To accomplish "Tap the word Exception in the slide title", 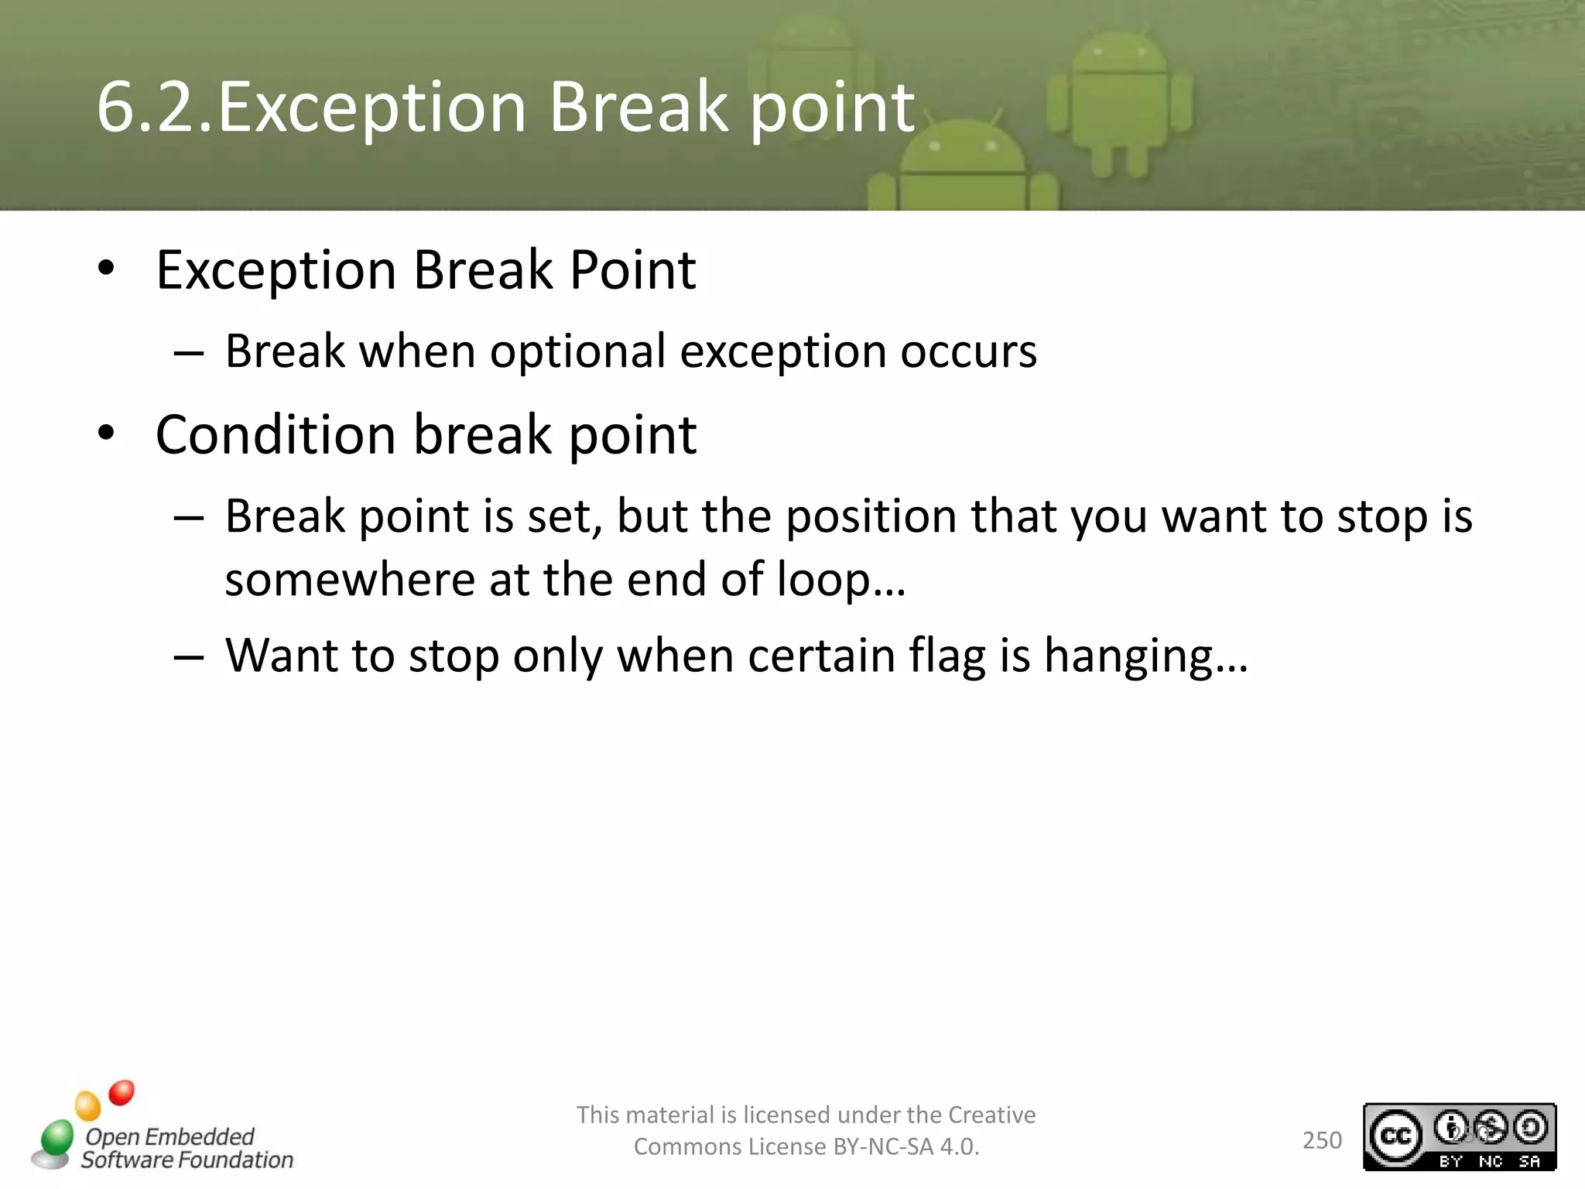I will point(371,108).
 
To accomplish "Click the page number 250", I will point(1322,1140).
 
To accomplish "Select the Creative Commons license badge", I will point(1459,1136).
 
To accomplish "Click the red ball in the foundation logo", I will point(122,1093).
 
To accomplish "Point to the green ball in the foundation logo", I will point(56,1139).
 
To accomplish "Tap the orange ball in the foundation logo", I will point(87,1105).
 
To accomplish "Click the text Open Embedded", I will point(169,1136).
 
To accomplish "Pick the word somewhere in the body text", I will point(348,580).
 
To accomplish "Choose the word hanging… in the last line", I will point(1145,656).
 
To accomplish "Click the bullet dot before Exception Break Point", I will point(106,269).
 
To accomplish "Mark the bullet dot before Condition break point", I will point(106,434).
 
